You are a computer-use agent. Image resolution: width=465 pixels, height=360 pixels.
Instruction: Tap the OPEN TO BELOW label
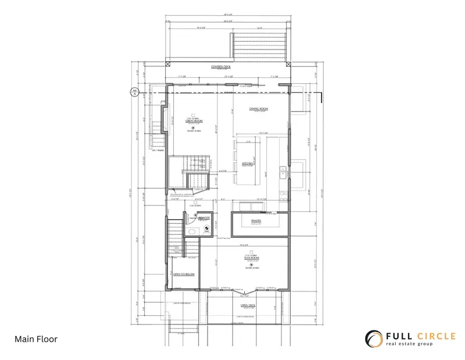pos(184,274)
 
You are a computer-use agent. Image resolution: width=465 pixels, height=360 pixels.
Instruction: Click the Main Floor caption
pos(36,338)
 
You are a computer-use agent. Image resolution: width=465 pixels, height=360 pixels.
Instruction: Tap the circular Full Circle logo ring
pos(373,338)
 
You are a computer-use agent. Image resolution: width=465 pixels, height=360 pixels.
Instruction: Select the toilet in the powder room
pos(192,231)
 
